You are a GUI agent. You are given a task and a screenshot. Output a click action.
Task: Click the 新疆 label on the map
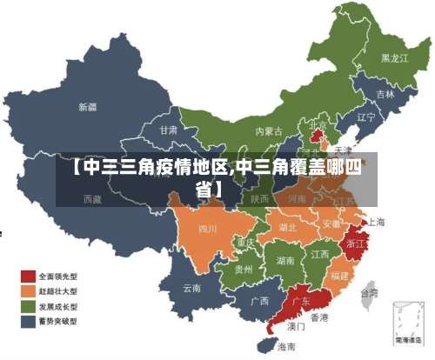88,108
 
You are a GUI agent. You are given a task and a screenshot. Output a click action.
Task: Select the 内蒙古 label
269,131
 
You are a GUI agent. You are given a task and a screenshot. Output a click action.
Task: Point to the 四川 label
207,230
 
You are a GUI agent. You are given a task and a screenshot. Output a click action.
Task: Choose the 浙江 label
356,244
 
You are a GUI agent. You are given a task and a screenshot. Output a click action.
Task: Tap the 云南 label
192,287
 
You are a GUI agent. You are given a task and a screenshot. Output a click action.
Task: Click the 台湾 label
369,294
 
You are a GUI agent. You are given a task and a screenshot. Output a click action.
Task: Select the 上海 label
377,222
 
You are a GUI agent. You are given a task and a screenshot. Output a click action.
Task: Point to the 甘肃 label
169,130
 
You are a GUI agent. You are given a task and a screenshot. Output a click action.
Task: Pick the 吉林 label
385,93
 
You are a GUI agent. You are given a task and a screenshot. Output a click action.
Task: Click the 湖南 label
284,260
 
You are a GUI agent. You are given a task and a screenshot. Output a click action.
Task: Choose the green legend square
28,307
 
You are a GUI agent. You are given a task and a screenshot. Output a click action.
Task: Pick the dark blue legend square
28,321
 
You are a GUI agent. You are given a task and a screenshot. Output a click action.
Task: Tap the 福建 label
339,275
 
